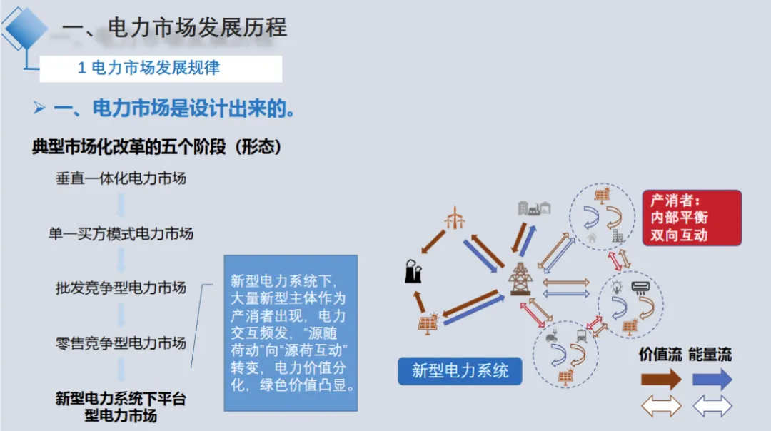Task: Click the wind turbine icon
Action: [x=454, y=217]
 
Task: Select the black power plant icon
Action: [x=413, y=270]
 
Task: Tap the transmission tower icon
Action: [x=520, y=278]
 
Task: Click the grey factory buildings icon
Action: [x=534, y=207]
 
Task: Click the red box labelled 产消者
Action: [x=691, y=218]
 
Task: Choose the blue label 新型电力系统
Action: [x=460, y=371]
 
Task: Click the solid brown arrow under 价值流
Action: [x=660, y=379]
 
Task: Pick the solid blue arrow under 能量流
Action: [x=712, y=379]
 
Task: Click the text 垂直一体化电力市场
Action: [x=121, y=178]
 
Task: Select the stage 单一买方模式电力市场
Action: [x=121, y=233]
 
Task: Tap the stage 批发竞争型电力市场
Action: [x=121, y=288]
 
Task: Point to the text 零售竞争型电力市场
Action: [x=121, y=343]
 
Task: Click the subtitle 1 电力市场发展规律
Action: [x=148, y=68]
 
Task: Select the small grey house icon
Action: [x=592, y=237]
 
